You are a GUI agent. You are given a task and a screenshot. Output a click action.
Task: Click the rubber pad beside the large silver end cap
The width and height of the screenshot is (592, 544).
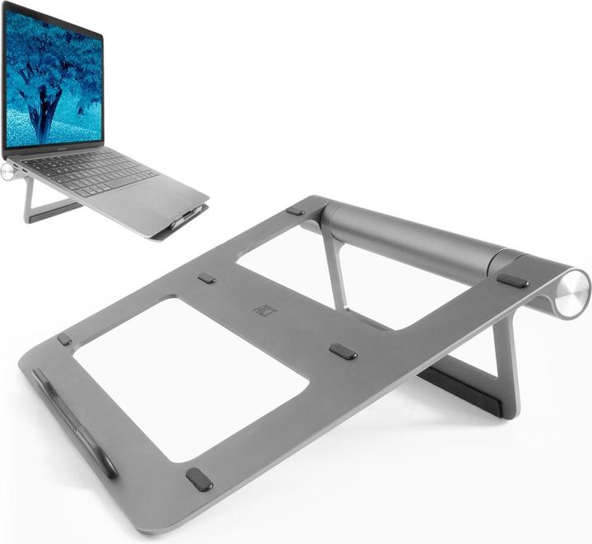click(512, 280)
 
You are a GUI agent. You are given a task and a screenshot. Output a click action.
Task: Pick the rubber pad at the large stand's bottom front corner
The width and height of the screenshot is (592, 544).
click(199, 479)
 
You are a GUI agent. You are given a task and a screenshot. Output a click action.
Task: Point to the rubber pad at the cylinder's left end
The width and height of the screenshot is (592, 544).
click(295, 212)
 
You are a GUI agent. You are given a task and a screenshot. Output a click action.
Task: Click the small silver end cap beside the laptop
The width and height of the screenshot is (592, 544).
click(8, 171)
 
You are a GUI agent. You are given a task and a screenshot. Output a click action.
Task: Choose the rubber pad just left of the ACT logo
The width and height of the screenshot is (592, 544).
click(206, 278)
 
